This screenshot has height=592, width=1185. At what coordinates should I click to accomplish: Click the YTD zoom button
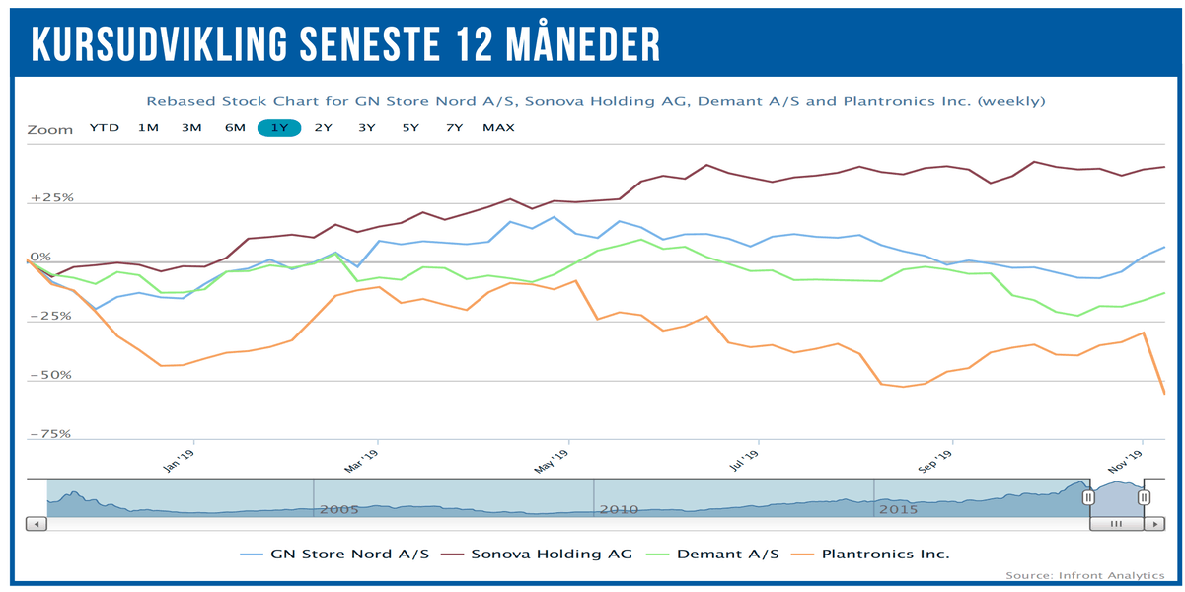(104, 127)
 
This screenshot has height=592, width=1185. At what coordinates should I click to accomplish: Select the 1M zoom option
(148, 127)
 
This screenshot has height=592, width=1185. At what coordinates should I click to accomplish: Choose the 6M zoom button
(235, 127)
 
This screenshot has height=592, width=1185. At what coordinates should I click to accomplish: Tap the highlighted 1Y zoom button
(279, 127)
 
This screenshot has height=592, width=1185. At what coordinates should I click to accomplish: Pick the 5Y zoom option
(410, 127)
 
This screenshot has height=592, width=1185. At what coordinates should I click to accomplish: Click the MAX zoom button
(498, 127)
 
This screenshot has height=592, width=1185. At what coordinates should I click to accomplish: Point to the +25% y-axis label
(52, 197)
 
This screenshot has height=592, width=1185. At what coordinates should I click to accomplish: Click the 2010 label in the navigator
(619, 509)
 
